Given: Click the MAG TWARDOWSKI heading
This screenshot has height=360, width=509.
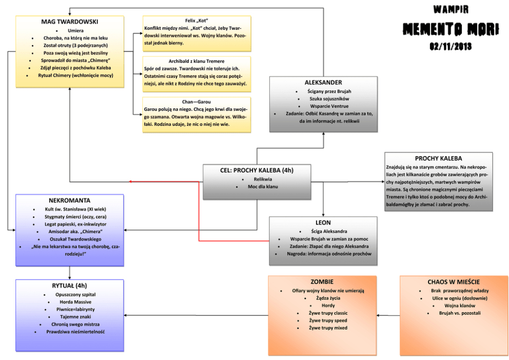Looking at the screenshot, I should [x=69, y=22].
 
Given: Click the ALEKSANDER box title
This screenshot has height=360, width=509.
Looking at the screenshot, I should [x=323, y=82].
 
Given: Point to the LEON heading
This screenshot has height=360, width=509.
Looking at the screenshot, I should [x=323, y=223].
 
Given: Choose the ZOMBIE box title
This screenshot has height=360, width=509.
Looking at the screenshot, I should [x=322, y=282].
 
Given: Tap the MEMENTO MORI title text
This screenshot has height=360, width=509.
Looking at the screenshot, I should [x=451, y=29].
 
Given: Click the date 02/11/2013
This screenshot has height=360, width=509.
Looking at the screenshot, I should [x=451, y=46].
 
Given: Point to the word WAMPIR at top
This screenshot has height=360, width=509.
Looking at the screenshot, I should [x=451, y=9].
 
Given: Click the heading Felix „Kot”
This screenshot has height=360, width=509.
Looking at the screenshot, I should [x=197, y=20].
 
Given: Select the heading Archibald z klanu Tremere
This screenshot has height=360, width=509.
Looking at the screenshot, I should [x=197, y=61].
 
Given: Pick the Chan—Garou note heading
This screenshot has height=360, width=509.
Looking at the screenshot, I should [x=197, y=102].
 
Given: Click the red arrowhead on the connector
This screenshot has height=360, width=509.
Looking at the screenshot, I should [x=131, y=181].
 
